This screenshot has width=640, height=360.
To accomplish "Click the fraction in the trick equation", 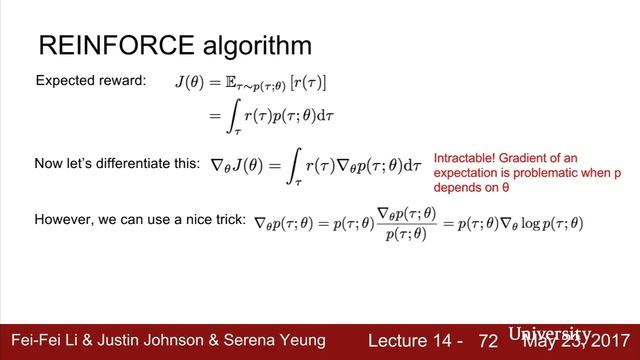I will [x=409, y=222].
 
